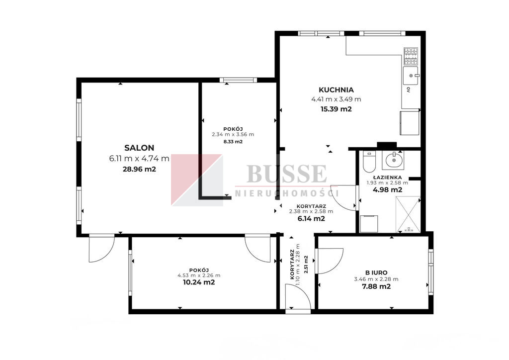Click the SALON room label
[x=139, y=148]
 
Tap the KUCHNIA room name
[x=336, y=90]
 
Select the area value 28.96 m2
[x=139, y=169]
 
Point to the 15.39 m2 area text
[x=336, y=109]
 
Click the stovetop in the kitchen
[x=411, y=56]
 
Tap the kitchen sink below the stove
[x=411, y=76]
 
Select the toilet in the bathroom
[x=369, y=161]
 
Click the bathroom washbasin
[x=393, y=160]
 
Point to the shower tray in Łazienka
[x=408, y=214]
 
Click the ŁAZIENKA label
[x=387, y=177]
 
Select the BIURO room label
[x=376, y=272]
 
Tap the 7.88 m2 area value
[x=376, y=286]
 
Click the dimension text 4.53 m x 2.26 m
[x=199, y=275]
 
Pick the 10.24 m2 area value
[x=199, y=282]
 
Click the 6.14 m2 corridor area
[x=311, y=218]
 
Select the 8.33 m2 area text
[x=233, y=142]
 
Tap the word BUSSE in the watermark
[x=287, y=174]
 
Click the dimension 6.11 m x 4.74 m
[x=139, y=159]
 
